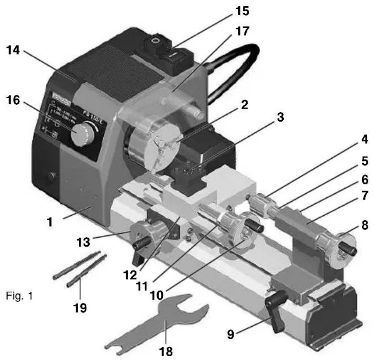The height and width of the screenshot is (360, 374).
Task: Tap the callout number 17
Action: pyautogui.click(x=242, y=31)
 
